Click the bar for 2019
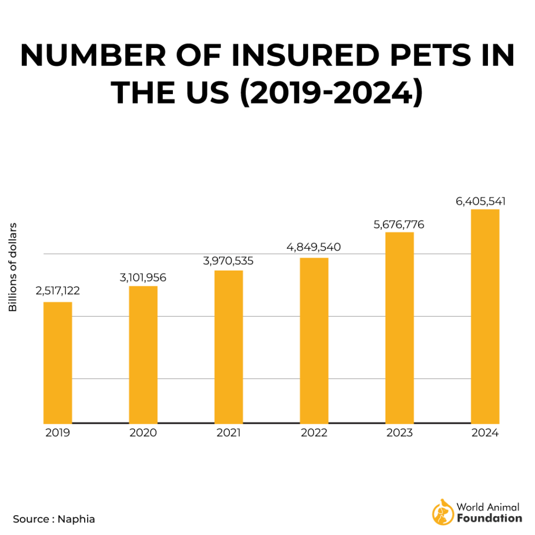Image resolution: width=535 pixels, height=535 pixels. (x=57, y=363)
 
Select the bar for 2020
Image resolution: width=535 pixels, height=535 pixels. (x=143, y=355)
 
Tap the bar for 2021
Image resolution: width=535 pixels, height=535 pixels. (x=228, y=347)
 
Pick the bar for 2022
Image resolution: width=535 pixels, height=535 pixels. (x=314, y=341)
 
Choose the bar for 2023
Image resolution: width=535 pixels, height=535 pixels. (x=400, y=328)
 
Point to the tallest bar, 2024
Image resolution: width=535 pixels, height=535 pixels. (x=485, y=316)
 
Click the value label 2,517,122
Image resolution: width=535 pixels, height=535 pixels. (x=57, y=290)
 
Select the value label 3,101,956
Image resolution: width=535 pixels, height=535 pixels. (x=143, y=277)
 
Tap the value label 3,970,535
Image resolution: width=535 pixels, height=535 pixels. (x=228, y=261)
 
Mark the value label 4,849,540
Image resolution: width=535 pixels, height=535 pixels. (x=314, y=247)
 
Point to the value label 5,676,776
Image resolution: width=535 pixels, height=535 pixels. (x=399, y=225)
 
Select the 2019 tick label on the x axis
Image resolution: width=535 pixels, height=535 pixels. (x=57, y=433)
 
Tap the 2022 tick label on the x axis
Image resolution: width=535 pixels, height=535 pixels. (x=314, y=433)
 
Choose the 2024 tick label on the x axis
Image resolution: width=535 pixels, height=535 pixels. (x=485, y=433)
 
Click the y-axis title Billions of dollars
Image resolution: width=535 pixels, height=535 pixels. (x=13, y=267)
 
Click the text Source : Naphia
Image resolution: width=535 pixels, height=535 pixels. (x=54, y=519)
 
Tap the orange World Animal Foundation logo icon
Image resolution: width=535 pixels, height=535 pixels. (x=442, y=512)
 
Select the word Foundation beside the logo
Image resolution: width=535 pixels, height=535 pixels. (x=489, y=518)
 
